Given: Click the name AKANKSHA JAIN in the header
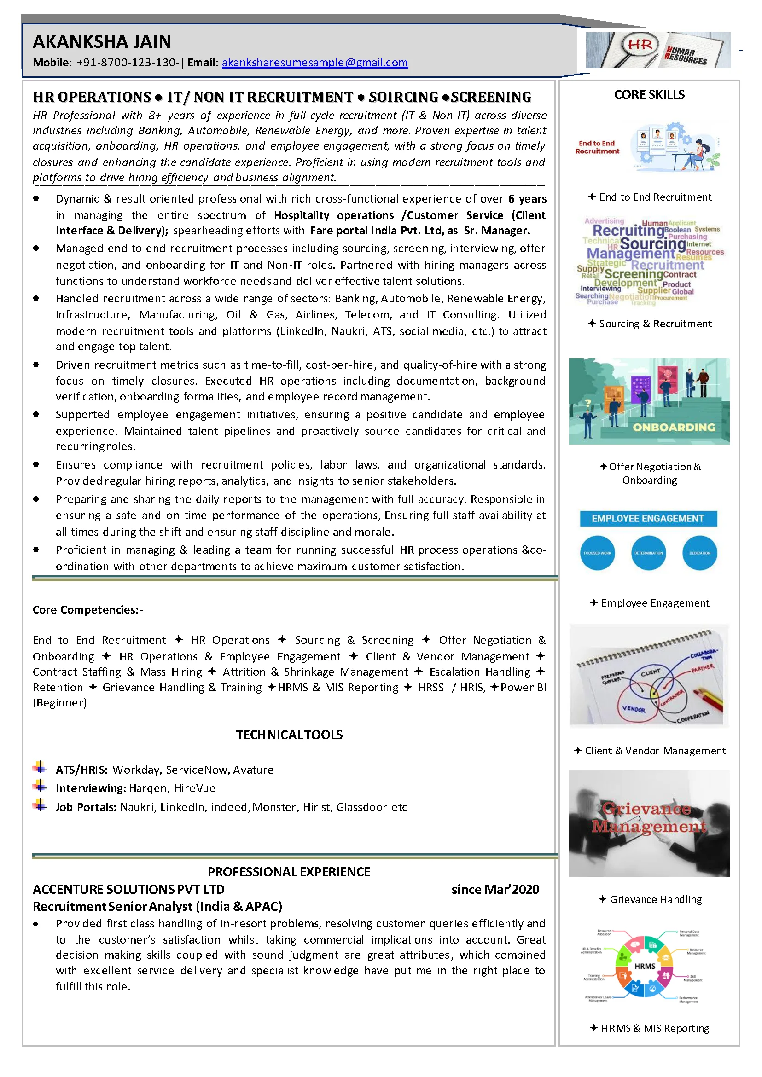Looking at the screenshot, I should (102, 42).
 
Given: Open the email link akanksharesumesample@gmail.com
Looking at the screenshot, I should (315, 63).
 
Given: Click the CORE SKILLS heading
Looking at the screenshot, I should (649, 95).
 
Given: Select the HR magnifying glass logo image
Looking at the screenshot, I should (658, 50).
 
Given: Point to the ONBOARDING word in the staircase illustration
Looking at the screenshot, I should (674, 427).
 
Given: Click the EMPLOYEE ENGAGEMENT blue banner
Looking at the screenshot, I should (648, 518).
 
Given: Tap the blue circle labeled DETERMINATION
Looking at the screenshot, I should (648, 553).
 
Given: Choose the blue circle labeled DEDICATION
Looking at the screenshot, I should (699, 553).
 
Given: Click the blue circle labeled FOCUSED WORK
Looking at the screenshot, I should (597, 553).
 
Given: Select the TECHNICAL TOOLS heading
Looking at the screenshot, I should (289, 735).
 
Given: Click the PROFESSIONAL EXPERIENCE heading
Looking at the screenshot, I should (289, 872).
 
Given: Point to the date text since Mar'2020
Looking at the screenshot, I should (495, 889).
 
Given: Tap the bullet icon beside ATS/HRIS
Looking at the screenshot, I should (40, 768).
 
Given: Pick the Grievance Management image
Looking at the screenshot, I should (649, 823).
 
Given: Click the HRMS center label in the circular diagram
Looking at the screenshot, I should (645, 966).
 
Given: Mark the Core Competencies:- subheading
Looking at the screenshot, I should (88, 609).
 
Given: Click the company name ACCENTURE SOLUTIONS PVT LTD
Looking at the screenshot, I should (128, 889).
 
